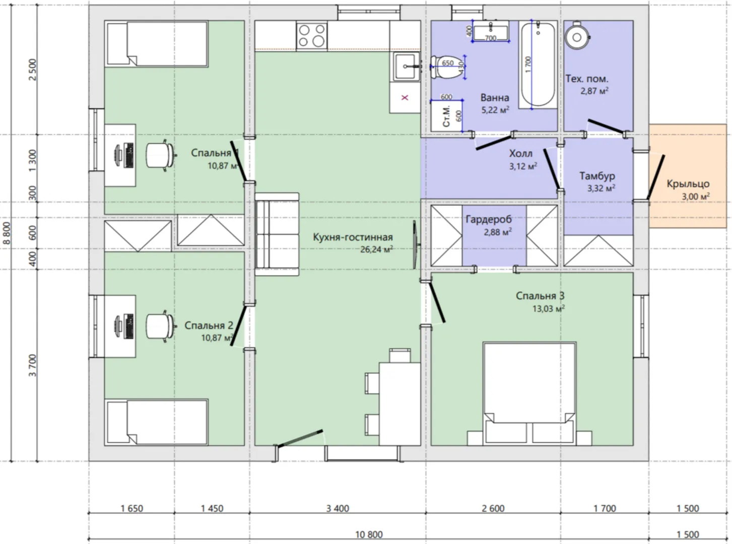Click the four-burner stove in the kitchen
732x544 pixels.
pos(312,36)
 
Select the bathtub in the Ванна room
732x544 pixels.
pos(538,64)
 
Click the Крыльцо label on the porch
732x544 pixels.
pos(688,183)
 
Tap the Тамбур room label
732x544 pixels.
pos(597,176)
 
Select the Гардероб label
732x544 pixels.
pos(489,219)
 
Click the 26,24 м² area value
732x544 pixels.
pos(376,249)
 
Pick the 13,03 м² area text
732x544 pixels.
pos(548,309)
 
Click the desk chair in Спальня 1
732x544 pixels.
pos(160,155)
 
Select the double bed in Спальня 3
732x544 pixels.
pos(529,393)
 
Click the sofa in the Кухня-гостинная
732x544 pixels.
pos(277,234)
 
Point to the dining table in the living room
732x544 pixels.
pos(400,403)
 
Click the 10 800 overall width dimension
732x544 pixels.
pos(369,534)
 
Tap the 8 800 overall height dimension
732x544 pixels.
pos(7,233)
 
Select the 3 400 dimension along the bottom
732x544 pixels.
pos(338,508)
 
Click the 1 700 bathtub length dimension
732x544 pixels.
pos(528,64)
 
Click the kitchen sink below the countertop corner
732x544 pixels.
pos(406,66)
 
